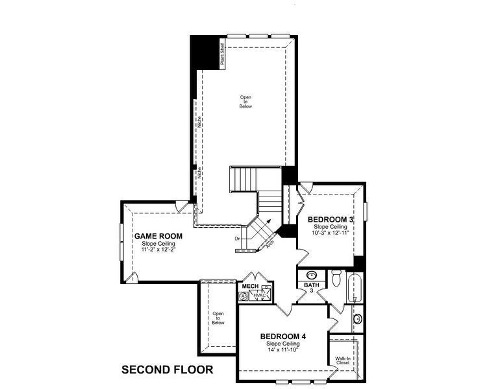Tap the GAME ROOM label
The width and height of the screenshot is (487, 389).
click(158, 235)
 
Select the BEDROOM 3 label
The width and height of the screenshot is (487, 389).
click(331, 220)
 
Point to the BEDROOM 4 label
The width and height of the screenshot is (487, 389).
click(283, 336)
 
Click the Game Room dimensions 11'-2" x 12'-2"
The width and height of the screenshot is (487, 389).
click(158, 249)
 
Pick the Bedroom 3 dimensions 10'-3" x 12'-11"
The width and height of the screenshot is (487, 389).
click(331, 233)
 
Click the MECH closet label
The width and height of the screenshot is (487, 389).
click(250, 286)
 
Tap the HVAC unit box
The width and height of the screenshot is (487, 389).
click(259, 295)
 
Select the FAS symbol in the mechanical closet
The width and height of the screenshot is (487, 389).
click(243, 296)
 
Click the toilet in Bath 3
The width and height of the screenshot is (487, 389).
click(336, 279)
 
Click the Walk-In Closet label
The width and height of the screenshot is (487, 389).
click(342, 360)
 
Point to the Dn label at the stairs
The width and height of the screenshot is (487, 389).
click(238, 239)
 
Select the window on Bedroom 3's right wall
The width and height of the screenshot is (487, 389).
click(366, 211)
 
